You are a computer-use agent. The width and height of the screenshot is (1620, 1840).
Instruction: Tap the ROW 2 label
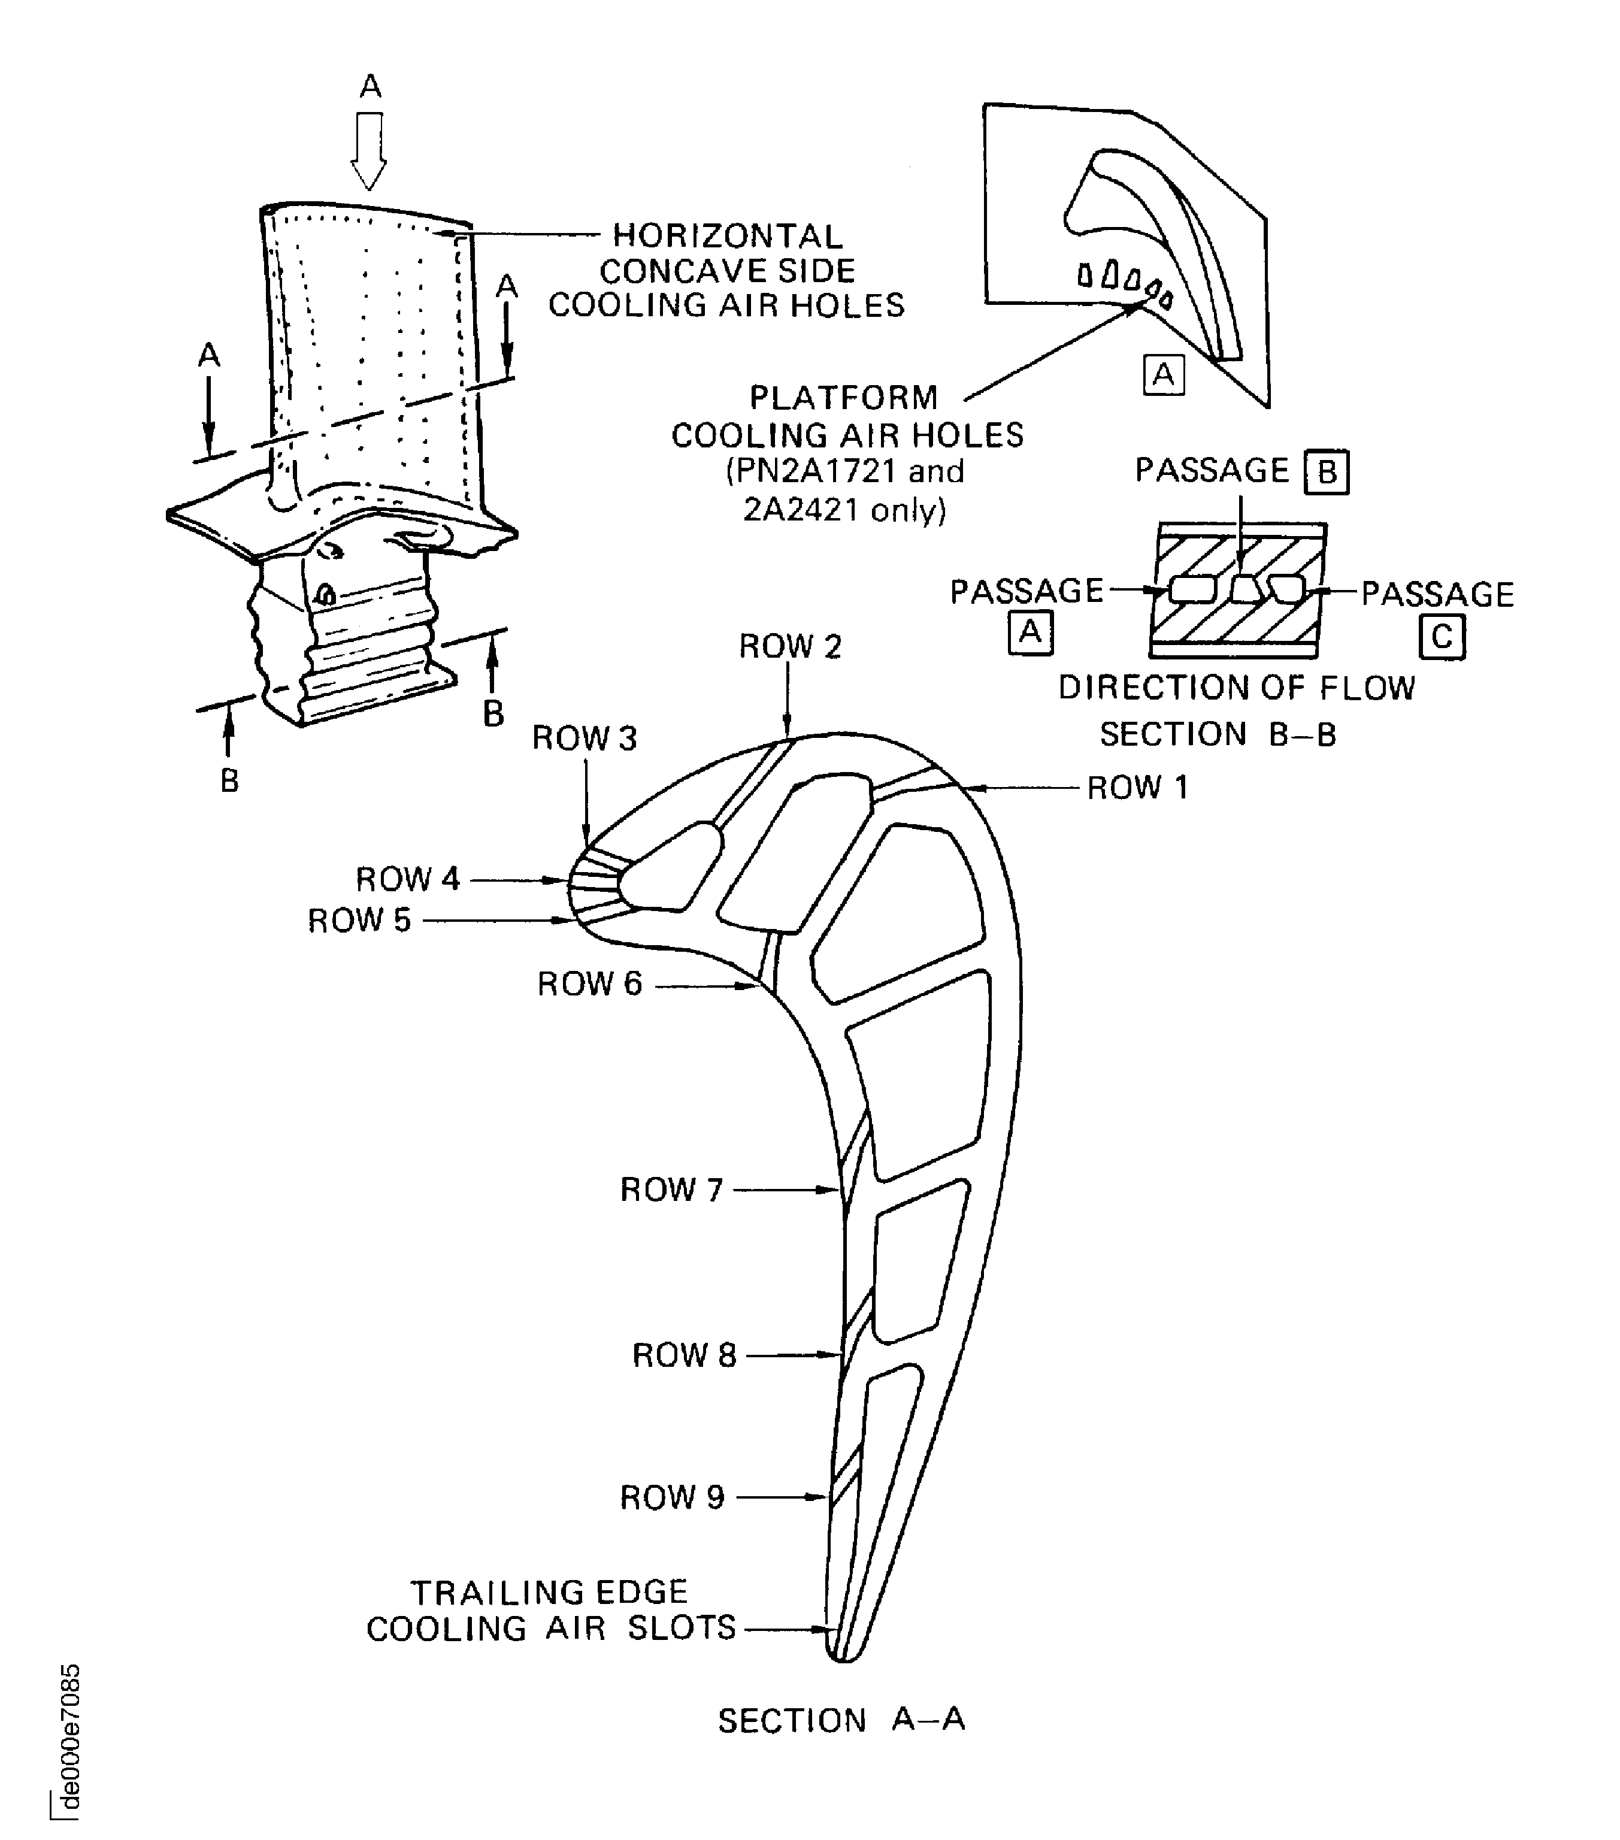(790, 646)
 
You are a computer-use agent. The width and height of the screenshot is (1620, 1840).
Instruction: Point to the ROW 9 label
(671, 1497)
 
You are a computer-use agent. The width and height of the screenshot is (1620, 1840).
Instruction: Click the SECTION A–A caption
(841, 1720)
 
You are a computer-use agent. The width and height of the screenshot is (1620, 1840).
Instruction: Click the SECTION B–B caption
(1218, 734)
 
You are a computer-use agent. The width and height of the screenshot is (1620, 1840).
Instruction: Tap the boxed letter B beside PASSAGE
(1327, 473)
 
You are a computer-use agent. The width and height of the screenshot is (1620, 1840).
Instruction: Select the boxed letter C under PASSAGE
(1442, 637)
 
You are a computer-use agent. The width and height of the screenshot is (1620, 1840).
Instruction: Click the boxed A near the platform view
(1163, 374)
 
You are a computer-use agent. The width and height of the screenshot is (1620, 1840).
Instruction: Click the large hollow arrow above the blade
(369, 149)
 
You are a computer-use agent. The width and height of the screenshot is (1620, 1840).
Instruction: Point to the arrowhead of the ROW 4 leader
(562, 879)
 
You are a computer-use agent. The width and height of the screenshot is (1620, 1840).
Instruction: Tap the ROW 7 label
(671, 1189)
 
